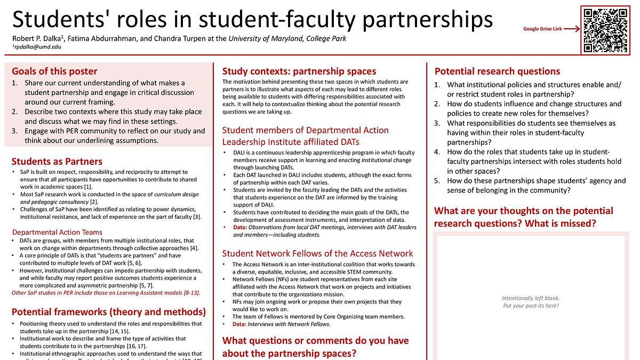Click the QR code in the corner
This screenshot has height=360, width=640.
(605, 30)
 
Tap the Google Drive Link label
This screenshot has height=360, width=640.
(542, 29)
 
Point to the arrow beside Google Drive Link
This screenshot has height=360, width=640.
(571, 29)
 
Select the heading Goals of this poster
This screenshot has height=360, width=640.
(54, 71)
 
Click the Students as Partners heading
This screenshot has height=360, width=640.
(57, 161)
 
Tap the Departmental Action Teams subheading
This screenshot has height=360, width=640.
(57, 233)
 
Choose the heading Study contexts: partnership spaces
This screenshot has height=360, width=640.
(299, 71)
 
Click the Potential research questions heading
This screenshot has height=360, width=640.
(497, 71)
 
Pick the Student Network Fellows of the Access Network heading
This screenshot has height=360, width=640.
(318, 253)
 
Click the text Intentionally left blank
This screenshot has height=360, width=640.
(531, 298)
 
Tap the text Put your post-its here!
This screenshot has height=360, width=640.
(531, 306)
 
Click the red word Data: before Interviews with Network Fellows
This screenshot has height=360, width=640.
(239, 324)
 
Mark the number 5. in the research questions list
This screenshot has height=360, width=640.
(437, 181)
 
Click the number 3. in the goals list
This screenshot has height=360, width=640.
(15, 131)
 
